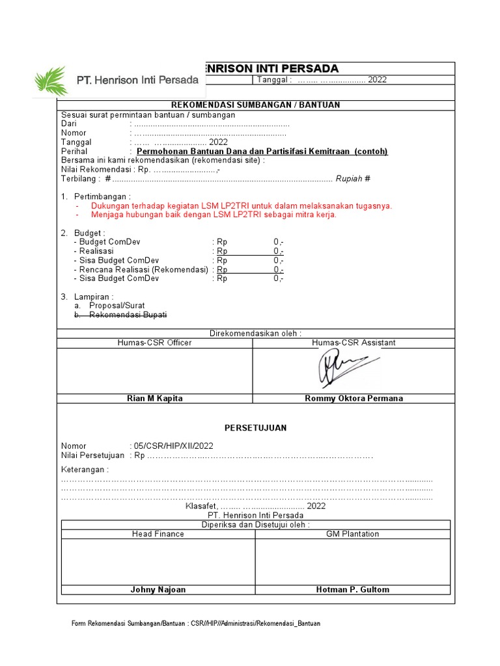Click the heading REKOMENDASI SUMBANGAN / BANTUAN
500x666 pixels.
pos(255,105)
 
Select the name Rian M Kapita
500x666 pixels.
pos(155,398)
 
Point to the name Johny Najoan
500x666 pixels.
pos(158,589)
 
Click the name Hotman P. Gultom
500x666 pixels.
pos(352,589)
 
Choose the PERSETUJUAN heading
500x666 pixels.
pos(255,427)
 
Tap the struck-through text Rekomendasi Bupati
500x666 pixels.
pos(128,315)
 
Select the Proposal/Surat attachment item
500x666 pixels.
pos(117,305)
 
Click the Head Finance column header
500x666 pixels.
pos(158,534)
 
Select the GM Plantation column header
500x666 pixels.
pos(352,534)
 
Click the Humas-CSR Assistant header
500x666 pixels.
pos(354,342)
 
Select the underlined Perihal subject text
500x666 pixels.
pos(267,152)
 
